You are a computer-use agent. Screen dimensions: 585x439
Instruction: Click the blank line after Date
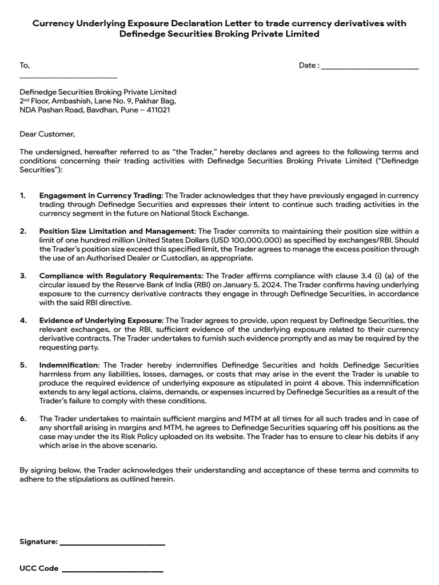click(370, 68)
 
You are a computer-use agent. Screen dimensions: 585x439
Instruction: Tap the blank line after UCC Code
click(112, 571)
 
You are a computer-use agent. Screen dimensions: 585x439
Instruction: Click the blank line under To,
click(68, 77)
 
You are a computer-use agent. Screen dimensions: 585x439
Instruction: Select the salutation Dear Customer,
click(47, 134)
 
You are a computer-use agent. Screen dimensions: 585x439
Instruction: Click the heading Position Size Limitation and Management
click(117, 231)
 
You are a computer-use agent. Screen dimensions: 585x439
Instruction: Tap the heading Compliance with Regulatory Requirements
click(120, 275)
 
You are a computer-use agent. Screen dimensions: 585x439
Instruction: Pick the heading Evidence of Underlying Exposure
click(101, 320)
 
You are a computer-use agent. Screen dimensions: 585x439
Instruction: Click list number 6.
click(23, 418)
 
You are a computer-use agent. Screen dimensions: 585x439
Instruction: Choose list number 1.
click(22, 195)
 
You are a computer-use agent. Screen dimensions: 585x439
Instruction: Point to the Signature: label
click(38, 542)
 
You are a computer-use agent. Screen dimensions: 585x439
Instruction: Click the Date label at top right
click(309, 65)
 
